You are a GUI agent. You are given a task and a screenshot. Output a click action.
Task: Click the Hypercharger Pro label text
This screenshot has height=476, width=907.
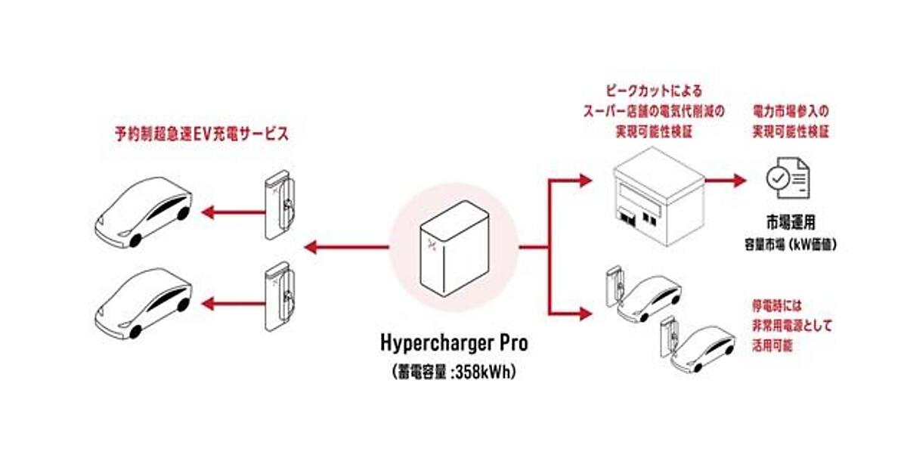click(454, 344)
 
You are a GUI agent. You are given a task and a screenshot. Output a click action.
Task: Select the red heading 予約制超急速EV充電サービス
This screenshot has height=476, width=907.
click(203, 134)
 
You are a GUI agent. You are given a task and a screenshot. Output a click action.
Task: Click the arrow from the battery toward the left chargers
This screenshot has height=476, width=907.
click(344, 246)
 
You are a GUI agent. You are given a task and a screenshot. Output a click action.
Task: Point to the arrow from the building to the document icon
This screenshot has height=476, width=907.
click(726, 181)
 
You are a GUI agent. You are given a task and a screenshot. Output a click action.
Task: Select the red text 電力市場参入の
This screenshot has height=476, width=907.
click(789, 110)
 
